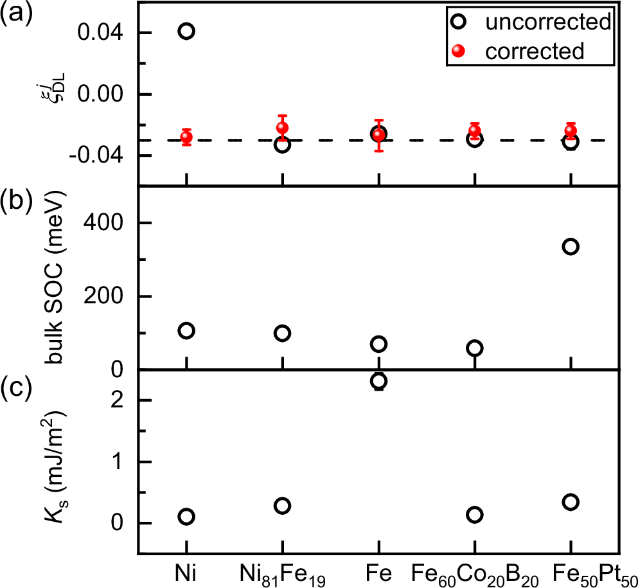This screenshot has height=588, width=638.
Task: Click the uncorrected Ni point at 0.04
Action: tap(186, 31)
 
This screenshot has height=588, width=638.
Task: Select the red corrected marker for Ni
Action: tap(186, 137)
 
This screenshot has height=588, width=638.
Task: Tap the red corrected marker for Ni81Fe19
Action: tap(282, 128)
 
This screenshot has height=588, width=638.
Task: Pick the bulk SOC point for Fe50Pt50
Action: tap(570, 247)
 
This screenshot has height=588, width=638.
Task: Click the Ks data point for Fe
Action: tap(378, 381)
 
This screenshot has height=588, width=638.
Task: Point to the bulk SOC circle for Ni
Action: tap(186, 331)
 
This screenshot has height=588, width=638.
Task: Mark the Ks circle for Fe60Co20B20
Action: tap(475, 515)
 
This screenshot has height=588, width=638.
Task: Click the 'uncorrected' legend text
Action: tap(547, 22)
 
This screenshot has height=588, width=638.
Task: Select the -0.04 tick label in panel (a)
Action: tap(102, 156)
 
